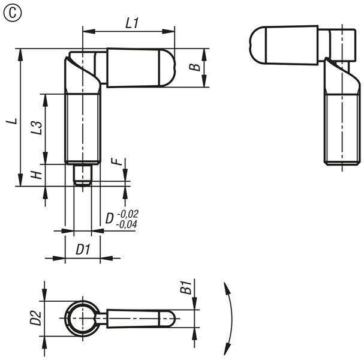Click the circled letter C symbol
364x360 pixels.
pos(13,13)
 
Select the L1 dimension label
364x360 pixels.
pos(132,23)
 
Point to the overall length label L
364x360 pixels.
pos(11,121)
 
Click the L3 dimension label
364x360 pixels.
pos(37,128)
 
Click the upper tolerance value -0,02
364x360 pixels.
pos(128,214)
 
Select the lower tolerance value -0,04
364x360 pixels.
pos(127,224)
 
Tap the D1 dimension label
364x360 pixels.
pos(83,250)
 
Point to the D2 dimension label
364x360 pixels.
pos(35,318)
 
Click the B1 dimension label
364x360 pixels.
pos(186,287)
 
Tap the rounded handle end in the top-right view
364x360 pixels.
pos(258,45)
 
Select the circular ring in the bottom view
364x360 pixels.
pos(67,318)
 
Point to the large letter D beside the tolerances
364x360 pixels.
pos(110,218)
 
